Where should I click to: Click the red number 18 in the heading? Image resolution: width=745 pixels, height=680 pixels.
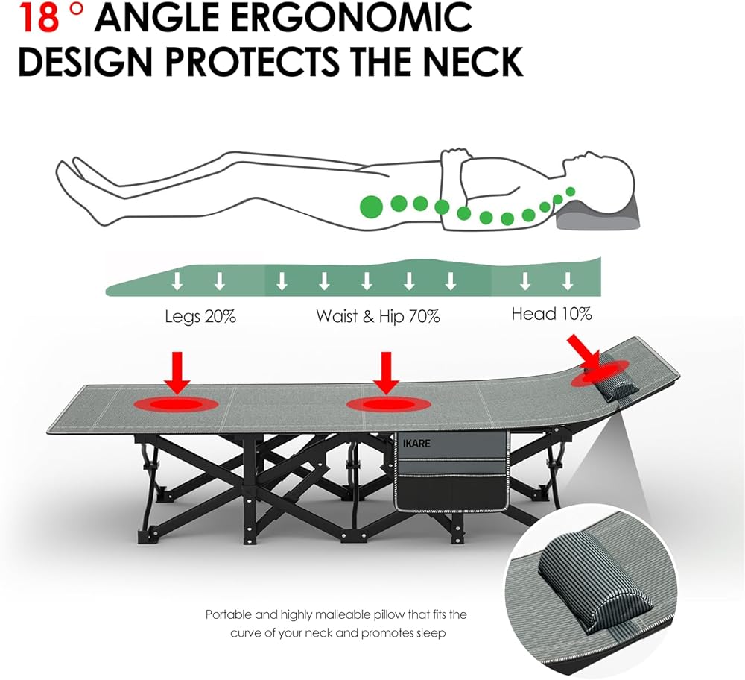point(38,18)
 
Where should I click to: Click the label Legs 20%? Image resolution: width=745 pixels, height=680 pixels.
point(200,316)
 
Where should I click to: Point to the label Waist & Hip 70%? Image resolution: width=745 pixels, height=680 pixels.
point(378,316)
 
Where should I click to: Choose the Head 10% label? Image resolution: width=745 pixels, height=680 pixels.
point(551,314)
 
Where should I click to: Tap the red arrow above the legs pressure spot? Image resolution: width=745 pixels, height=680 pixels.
point(177,373)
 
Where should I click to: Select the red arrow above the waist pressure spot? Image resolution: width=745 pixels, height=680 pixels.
point(386,373)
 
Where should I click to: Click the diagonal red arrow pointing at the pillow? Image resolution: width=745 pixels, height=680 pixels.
point(585,353)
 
